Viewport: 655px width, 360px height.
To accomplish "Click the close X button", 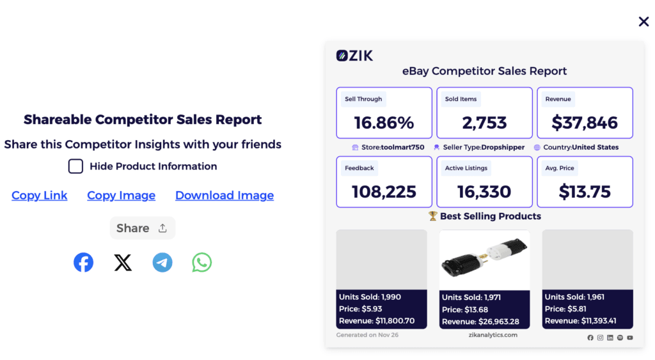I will tap(643, 22).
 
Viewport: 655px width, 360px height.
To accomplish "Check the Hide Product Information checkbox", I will tap(75, 166).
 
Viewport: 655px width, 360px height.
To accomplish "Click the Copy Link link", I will tap(39, 196).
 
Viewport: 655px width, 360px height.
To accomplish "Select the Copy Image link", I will tap(121, 196).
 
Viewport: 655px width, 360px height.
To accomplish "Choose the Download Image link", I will tap(225, 196).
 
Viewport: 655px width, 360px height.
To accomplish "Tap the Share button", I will tap(142, 228).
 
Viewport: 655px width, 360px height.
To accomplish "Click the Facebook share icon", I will tap(83, 263).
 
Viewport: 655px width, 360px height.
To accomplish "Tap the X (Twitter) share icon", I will tap(123, 263).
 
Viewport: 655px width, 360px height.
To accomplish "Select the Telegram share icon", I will tap(162, 263).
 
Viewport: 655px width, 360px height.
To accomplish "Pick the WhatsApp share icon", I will tap(202, 263).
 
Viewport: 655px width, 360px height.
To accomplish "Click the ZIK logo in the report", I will tap(354, 56).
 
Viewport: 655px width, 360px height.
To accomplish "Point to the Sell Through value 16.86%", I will tap(384, 122).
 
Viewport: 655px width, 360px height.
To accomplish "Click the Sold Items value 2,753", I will tap(484, 122).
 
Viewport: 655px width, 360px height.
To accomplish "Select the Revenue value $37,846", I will tap(585, 122).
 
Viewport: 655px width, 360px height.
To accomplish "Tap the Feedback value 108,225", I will tap(384, 191).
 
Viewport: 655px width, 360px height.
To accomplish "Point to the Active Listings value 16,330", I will tap(484, 191).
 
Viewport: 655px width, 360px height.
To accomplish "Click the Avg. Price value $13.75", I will tap(585, 191).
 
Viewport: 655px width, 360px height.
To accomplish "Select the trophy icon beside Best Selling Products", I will tap(432, 216).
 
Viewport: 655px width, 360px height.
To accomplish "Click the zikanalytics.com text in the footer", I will tap(493, 335).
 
